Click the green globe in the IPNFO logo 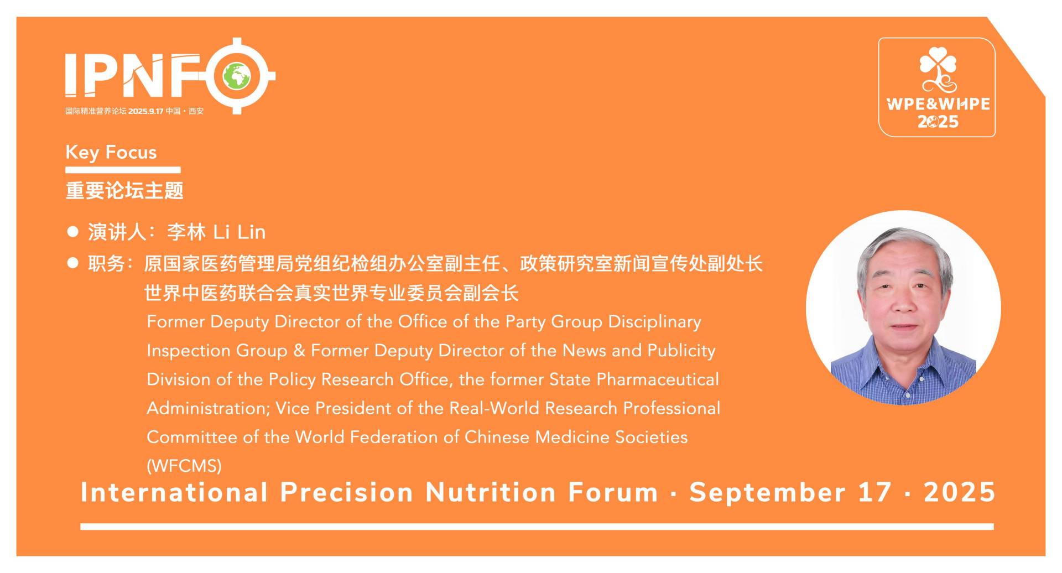click(237, 76)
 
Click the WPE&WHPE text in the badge click(938, 104)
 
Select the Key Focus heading click(111, 152)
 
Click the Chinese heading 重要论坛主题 click(124, 190)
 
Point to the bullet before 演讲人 click(72, 231)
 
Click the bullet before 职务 click(72, 263)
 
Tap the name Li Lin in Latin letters click(240, 232)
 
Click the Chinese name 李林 click(186, 232)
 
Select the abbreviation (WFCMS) click(184, 466)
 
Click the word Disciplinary click(655, 322)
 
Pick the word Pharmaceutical click(658, 379)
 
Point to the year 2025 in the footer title click(960, 492)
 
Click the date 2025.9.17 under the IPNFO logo click(146, 111)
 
